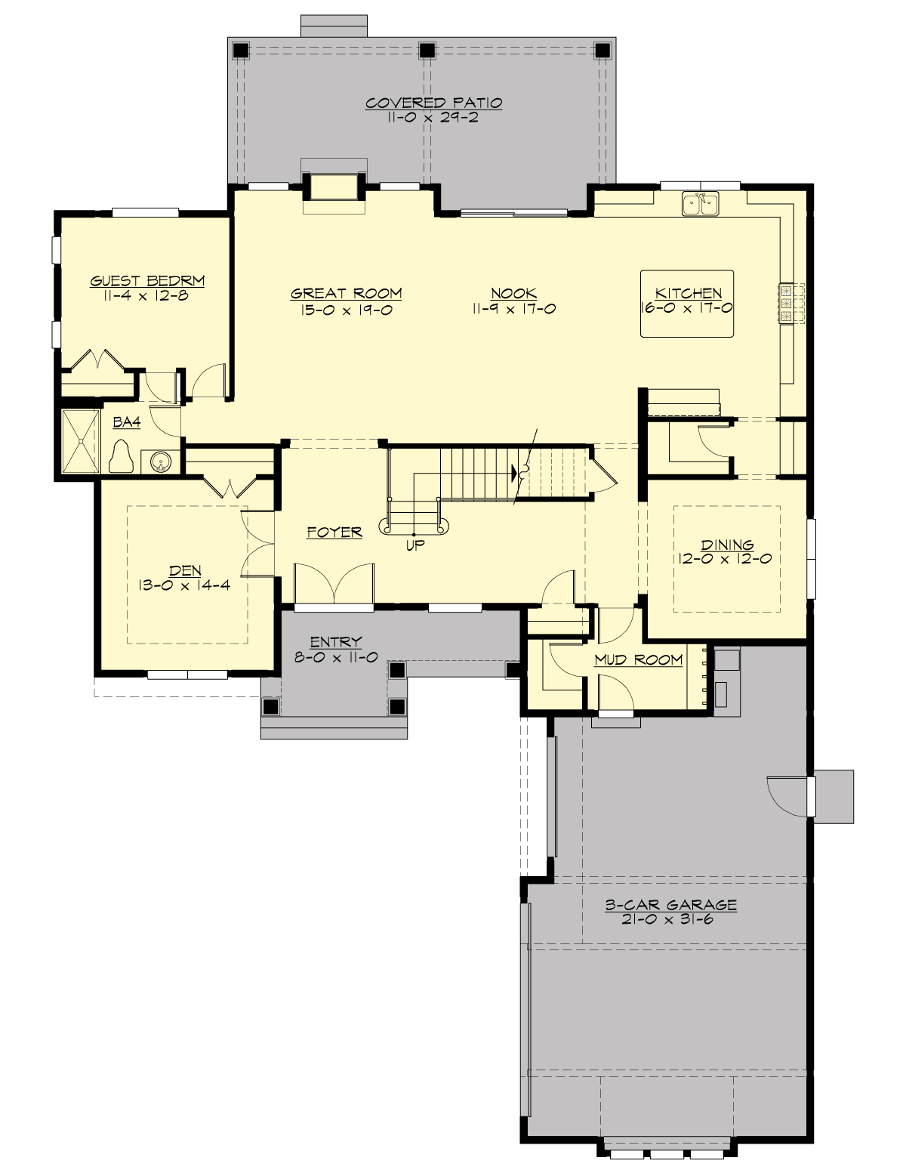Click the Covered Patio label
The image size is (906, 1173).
pos(433,103)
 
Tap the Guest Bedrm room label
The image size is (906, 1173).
pos(147,281)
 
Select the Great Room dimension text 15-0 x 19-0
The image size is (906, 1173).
pos(346,309)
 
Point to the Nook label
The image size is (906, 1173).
pos(513,293)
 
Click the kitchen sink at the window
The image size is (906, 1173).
pos(700,203)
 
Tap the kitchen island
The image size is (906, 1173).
pos(687,303)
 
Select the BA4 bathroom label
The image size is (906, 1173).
pos(127,422)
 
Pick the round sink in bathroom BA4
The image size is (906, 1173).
pos(160,461)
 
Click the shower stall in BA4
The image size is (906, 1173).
pos(79,441)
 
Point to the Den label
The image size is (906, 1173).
pos(185,570)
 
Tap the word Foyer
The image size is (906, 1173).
pos(334,532)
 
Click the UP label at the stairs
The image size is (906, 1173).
pos(414,545)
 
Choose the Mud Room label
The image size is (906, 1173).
pos(638,659)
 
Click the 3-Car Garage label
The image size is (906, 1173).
pos(670,904)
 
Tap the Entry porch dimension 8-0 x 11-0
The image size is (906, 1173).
pos(335,657)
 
